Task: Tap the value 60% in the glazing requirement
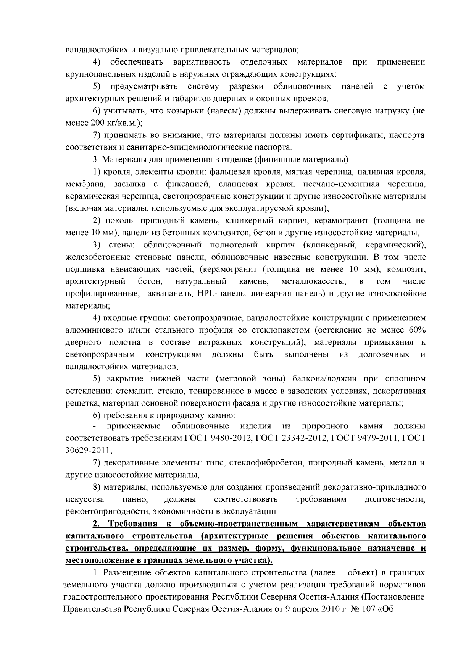pyautogui.click(x=417, y=330)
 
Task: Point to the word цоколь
pyautogui.click(x=122, y=220)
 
